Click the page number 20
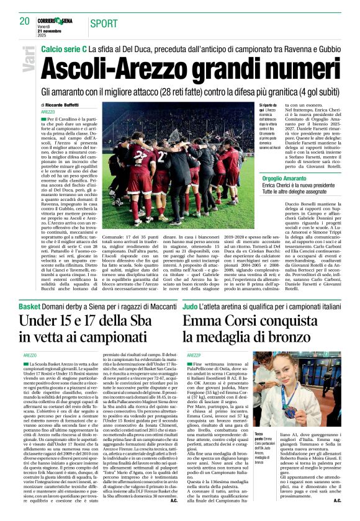(24, 21)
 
